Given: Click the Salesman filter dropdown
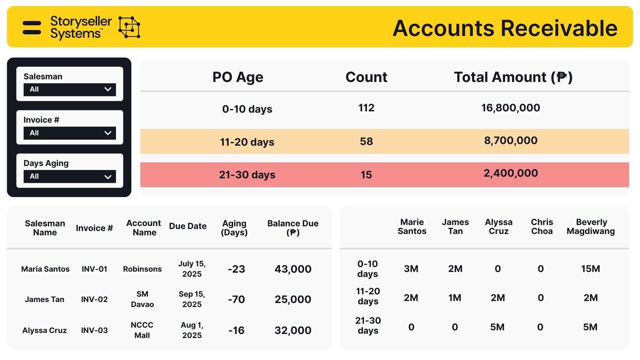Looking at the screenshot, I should point(70,90).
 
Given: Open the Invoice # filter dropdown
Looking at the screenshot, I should point(70,133).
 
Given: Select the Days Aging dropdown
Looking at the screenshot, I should point(70,176).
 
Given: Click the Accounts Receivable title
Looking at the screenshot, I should point(505,28).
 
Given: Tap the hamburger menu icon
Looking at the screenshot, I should point(32,28).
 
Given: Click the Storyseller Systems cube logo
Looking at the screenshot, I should point(129,27).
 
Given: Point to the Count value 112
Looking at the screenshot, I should point(366,108).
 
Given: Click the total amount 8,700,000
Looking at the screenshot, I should point(510,141).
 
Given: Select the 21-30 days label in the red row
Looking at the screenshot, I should point(247,175).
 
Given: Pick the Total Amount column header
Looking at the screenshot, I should point(513,77).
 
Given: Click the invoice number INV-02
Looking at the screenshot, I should point(94,299).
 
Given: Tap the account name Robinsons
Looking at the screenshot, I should point(142,269).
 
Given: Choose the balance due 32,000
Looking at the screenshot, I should point(293,330).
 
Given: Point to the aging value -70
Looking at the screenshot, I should point(236,299).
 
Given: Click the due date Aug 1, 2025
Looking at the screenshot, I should point(192,330).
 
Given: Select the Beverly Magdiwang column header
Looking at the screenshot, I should point(591,226).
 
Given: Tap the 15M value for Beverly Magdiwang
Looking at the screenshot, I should point(590,269).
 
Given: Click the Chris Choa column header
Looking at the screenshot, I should point(542,226).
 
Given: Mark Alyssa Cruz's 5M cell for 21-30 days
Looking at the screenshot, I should point(497,327).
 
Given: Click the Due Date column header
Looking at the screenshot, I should point(188,226).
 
